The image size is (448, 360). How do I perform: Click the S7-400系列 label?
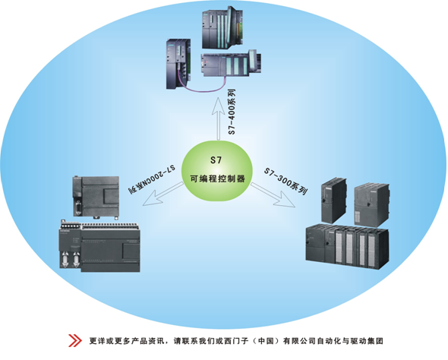232,112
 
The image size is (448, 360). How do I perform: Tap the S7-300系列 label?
286,181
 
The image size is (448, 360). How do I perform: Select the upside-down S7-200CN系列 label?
152,178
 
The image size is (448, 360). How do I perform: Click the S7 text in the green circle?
216,160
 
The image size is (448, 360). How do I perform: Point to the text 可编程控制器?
218,178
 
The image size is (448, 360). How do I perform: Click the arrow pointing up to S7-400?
218,118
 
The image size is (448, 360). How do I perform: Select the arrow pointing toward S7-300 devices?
273,195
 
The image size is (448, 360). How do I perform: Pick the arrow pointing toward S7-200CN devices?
163,194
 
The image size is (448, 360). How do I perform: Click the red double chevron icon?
75,340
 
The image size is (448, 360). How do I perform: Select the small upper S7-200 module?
96,197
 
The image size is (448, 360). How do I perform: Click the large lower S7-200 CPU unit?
99,247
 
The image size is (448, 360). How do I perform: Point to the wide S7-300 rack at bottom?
347,246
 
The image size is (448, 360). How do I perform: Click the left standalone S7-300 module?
333,200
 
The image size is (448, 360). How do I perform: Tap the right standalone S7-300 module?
371,205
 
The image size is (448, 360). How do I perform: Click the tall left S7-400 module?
178,64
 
